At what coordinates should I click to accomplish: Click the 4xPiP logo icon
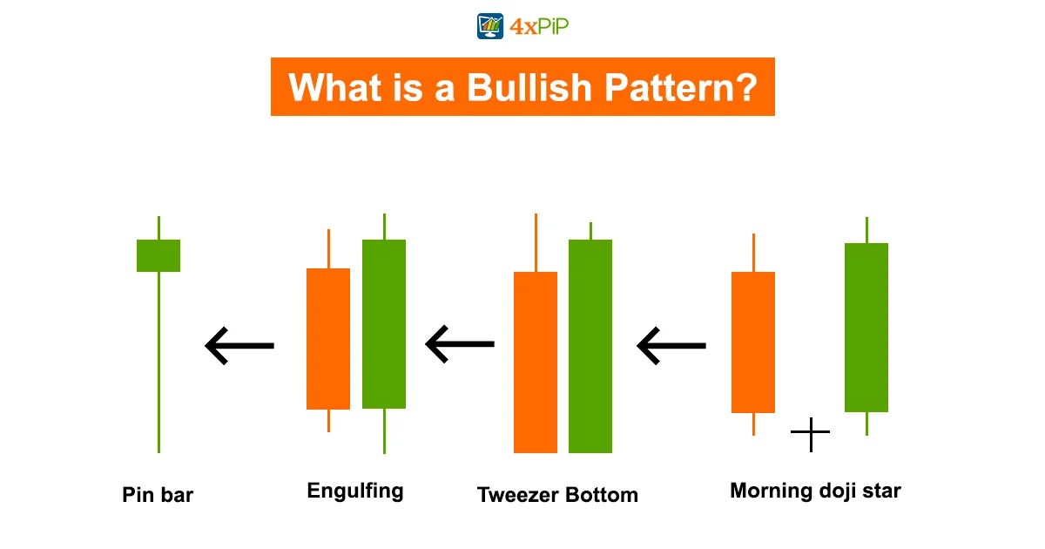coord(491,26)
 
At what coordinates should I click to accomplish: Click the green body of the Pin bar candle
coord(158,255)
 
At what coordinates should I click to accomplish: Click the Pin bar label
coord(158,496)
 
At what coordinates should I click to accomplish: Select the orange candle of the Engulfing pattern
coord(328,338)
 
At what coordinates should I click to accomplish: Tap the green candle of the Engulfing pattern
coord(384,323)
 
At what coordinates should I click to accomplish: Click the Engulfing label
coord(355,491)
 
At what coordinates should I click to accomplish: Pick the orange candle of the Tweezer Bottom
coord(536,362)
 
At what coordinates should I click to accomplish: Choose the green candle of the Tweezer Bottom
coord(590,346)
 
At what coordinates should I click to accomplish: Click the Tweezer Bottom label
coord(557,495)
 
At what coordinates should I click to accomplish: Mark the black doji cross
coord(810,433)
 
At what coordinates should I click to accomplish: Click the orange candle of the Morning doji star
coord(753,342)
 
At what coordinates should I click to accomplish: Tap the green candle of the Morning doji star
coord(866,327)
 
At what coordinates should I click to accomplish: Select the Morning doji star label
coord(815,491)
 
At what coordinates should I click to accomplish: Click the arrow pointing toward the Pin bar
coord(239,346)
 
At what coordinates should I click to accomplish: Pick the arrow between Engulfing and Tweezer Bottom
coord(460,345)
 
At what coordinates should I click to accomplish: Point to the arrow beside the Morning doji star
coord(671,346)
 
